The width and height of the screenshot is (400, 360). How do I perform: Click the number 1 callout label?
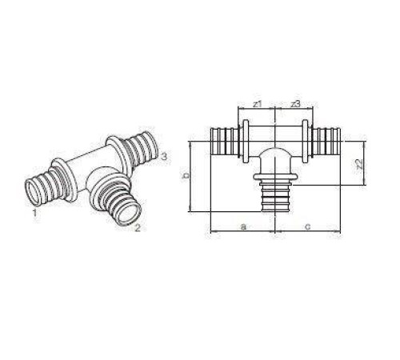34,214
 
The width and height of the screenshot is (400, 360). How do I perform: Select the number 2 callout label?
138,230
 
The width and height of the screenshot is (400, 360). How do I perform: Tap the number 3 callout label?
163,156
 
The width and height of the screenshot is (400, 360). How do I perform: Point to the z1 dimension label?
257,105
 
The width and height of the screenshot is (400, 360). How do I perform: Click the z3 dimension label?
295,105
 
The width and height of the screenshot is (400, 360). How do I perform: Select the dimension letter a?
242,226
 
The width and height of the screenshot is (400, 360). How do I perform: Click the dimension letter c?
307,226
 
